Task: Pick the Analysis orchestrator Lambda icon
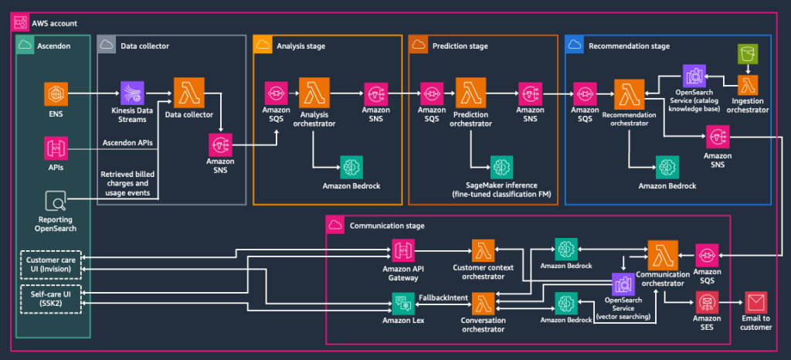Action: (x=313, y=93)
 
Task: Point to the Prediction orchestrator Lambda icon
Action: (x=470, y=93)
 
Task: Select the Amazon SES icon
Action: (x=708, y=302)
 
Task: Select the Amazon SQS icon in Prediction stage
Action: (x=431, y=93)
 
